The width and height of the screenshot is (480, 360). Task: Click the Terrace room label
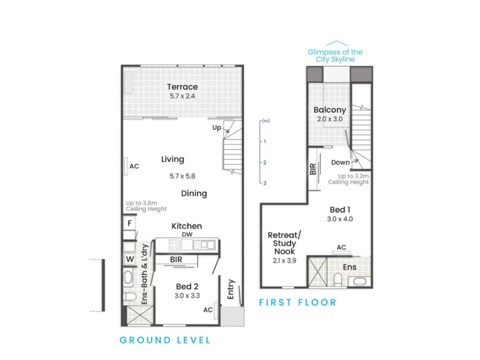point(182,87)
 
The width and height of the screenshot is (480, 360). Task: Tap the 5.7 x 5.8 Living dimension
point(182,176)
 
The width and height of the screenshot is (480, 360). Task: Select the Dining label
point(194,193)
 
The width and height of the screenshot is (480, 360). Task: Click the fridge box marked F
point(129,223)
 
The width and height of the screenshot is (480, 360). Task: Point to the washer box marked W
point(130,259)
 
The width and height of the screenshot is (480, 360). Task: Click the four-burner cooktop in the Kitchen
point(174,245)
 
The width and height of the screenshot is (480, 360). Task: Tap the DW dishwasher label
point(187,234)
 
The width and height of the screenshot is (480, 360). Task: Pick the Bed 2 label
point(187,286)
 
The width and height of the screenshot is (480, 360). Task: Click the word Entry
point(231,289)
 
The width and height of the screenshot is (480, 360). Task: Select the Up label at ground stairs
point(216,128)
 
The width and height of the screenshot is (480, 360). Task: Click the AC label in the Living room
point(134,166)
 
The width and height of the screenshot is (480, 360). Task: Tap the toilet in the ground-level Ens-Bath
point(130,296)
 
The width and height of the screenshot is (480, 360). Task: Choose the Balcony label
point(330,110)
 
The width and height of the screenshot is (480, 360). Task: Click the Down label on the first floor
point(340,162)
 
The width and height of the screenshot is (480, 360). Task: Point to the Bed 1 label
point(340,210)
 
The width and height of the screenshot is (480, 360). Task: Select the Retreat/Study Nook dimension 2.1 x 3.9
point(284,260)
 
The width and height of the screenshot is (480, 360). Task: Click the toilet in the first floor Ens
point(338,279)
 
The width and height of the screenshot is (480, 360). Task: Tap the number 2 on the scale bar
point(265,162)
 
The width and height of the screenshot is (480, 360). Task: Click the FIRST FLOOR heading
point(298,302)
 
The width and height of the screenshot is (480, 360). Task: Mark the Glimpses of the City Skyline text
point(335,55)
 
